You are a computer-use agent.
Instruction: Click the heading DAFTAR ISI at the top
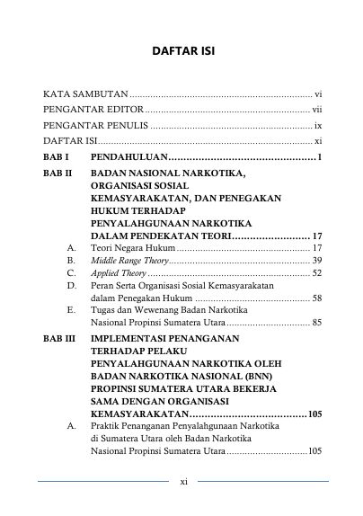(x=181, y=50)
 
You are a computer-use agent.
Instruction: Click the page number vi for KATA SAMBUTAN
(x=317, y=93)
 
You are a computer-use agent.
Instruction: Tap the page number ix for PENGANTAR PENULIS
(x=317, y=126)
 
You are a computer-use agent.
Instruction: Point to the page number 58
(x=317, y=301)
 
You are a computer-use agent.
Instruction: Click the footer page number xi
(x=182, y=482)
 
